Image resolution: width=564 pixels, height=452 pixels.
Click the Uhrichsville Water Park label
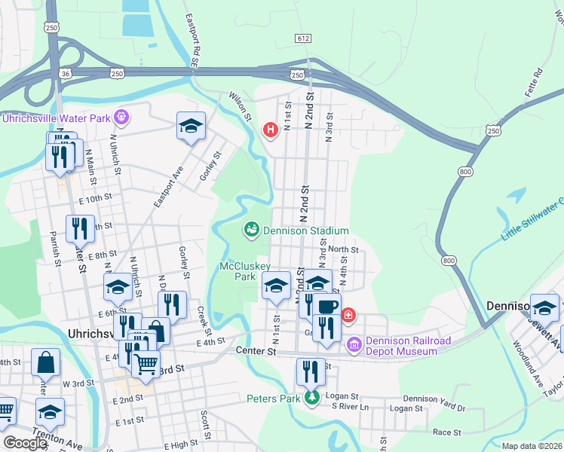tap(56, 118)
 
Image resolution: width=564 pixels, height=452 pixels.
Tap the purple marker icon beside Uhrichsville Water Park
tap(121, 117)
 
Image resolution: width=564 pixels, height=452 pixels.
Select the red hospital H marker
tap(270, 130)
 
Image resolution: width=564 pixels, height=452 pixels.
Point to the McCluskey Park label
tap(238, 271)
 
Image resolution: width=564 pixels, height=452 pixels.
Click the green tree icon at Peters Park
tap(311, 398)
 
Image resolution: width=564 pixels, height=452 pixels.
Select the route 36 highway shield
tap(66, 73)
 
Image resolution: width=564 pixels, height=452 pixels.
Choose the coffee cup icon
tap(327, 307)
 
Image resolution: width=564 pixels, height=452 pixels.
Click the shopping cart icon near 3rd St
tap(146, 365)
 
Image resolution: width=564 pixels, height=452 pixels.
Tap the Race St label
tap(446, 432)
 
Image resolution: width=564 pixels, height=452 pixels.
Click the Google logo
tap(25, 443)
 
